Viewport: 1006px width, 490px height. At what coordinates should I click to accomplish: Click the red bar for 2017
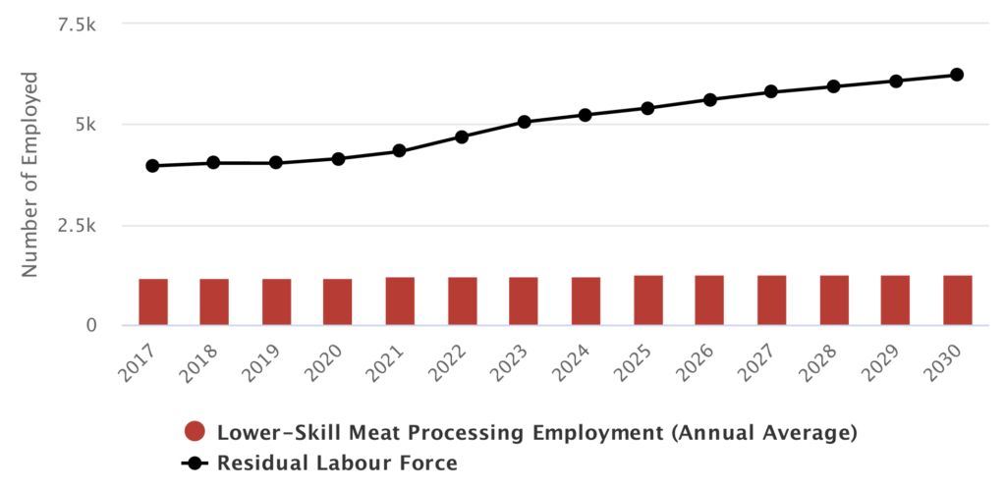point(152,301)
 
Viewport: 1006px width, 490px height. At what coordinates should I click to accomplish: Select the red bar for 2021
point(400,300)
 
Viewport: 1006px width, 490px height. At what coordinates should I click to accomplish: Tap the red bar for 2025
point(647,299)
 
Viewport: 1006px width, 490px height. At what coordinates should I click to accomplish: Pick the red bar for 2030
point(957,299)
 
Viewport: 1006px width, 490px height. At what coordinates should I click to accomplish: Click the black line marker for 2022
point(462,136)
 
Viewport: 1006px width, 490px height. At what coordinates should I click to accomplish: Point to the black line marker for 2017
point(152,166)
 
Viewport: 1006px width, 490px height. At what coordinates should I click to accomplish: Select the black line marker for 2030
point(957,75)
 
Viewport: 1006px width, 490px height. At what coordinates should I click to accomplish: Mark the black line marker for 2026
point(709,99)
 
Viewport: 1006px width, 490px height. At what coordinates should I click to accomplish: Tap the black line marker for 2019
point(276,162)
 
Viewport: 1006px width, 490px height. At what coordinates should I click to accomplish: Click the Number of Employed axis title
point(30,174)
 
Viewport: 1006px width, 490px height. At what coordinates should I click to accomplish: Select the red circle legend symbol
point(195,431)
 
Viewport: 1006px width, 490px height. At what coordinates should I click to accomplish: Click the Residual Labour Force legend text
point(337,461)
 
